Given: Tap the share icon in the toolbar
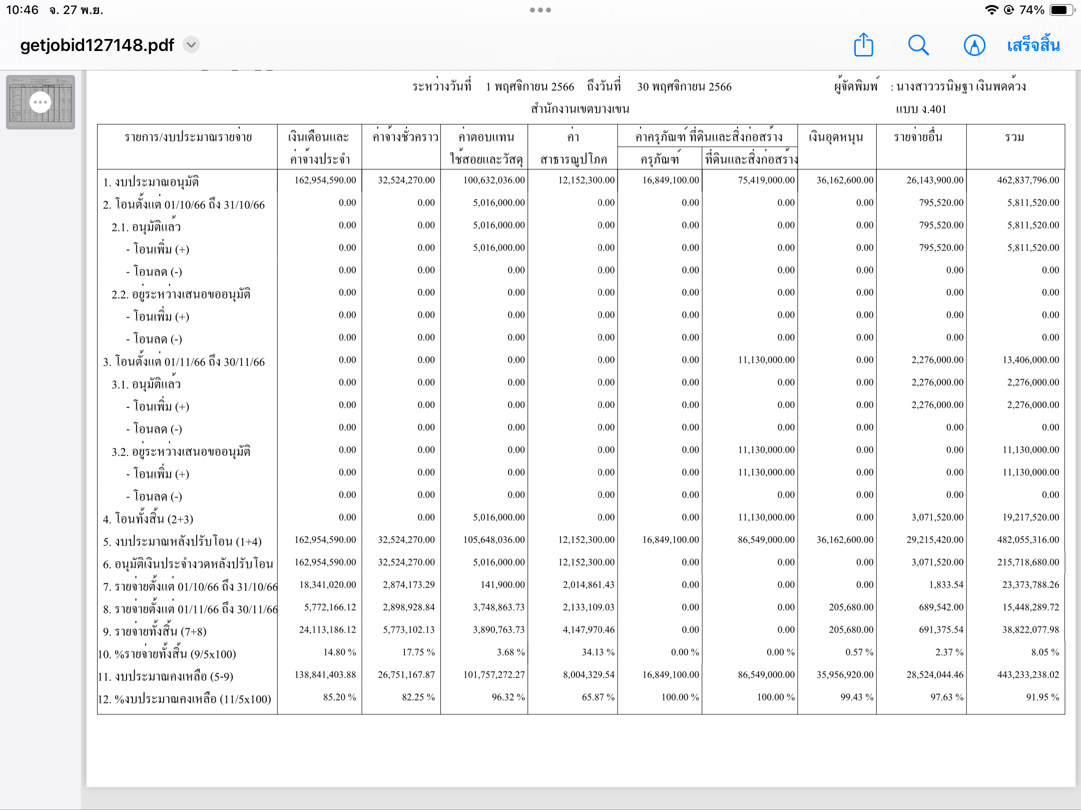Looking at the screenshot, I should click(863, 45).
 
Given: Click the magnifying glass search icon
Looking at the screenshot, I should click(918, 45).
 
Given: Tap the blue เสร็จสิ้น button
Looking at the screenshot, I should click(1033, 45).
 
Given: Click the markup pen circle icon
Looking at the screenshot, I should click(974, 45).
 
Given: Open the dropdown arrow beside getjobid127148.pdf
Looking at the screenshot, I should click(191, 45).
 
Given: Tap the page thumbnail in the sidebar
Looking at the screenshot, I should click(41, 102).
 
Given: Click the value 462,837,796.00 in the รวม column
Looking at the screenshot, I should click(1028, 180).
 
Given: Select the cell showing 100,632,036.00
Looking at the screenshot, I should click(493, 180).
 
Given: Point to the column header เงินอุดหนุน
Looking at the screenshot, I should click(836, 137).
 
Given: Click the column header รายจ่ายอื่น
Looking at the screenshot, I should click(918, 137).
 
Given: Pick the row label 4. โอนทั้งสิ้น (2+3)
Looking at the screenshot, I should click(148, 518).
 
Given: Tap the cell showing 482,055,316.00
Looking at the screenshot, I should click(1028, 540).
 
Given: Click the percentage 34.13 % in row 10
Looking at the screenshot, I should click(598, 652).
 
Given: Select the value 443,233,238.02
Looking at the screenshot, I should click(1028, 675).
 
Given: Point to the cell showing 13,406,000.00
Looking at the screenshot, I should click(1030, 360).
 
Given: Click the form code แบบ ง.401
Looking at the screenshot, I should click(921, 109).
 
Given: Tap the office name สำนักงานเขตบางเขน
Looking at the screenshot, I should click(580, 109).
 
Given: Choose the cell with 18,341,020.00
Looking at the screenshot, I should click(328, 585).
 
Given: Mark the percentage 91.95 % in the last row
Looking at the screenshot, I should click(1042, 697).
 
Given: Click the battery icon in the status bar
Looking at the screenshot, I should click(1060, 10).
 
